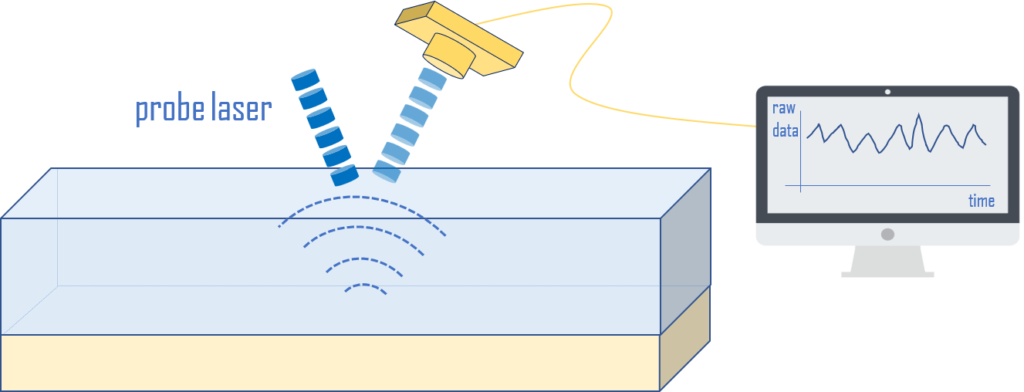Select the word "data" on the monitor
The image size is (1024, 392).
785,130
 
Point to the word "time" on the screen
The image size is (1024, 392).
981,201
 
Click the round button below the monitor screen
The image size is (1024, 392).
888,234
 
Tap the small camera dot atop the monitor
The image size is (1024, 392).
888,92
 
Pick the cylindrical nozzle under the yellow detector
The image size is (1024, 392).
448,56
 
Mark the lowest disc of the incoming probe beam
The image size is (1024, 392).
344,176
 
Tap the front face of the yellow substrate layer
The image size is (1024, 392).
330,362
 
